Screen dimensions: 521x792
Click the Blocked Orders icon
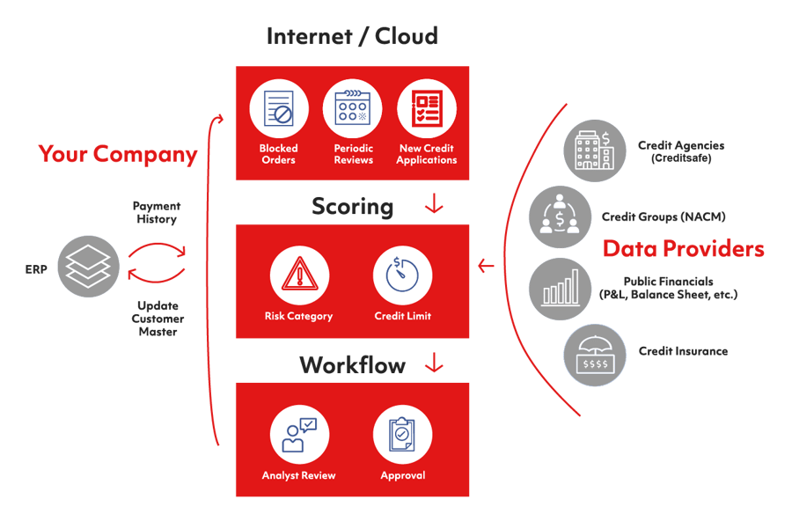point(278,110)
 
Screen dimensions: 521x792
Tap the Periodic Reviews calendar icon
point(353,110)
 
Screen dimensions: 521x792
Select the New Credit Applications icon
point(427,110)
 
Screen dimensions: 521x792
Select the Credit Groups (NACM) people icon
point(559,216)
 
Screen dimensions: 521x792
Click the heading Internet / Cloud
point(352,37)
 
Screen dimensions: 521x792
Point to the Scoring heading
point(352,207)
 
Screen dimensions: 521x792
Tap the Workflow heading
point(352,364)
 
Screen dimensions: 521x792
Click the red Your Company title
point(118,154)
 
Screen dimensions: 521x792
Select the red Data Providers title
point(683,249)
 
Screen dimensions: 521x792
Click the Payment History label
point(157,212)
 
